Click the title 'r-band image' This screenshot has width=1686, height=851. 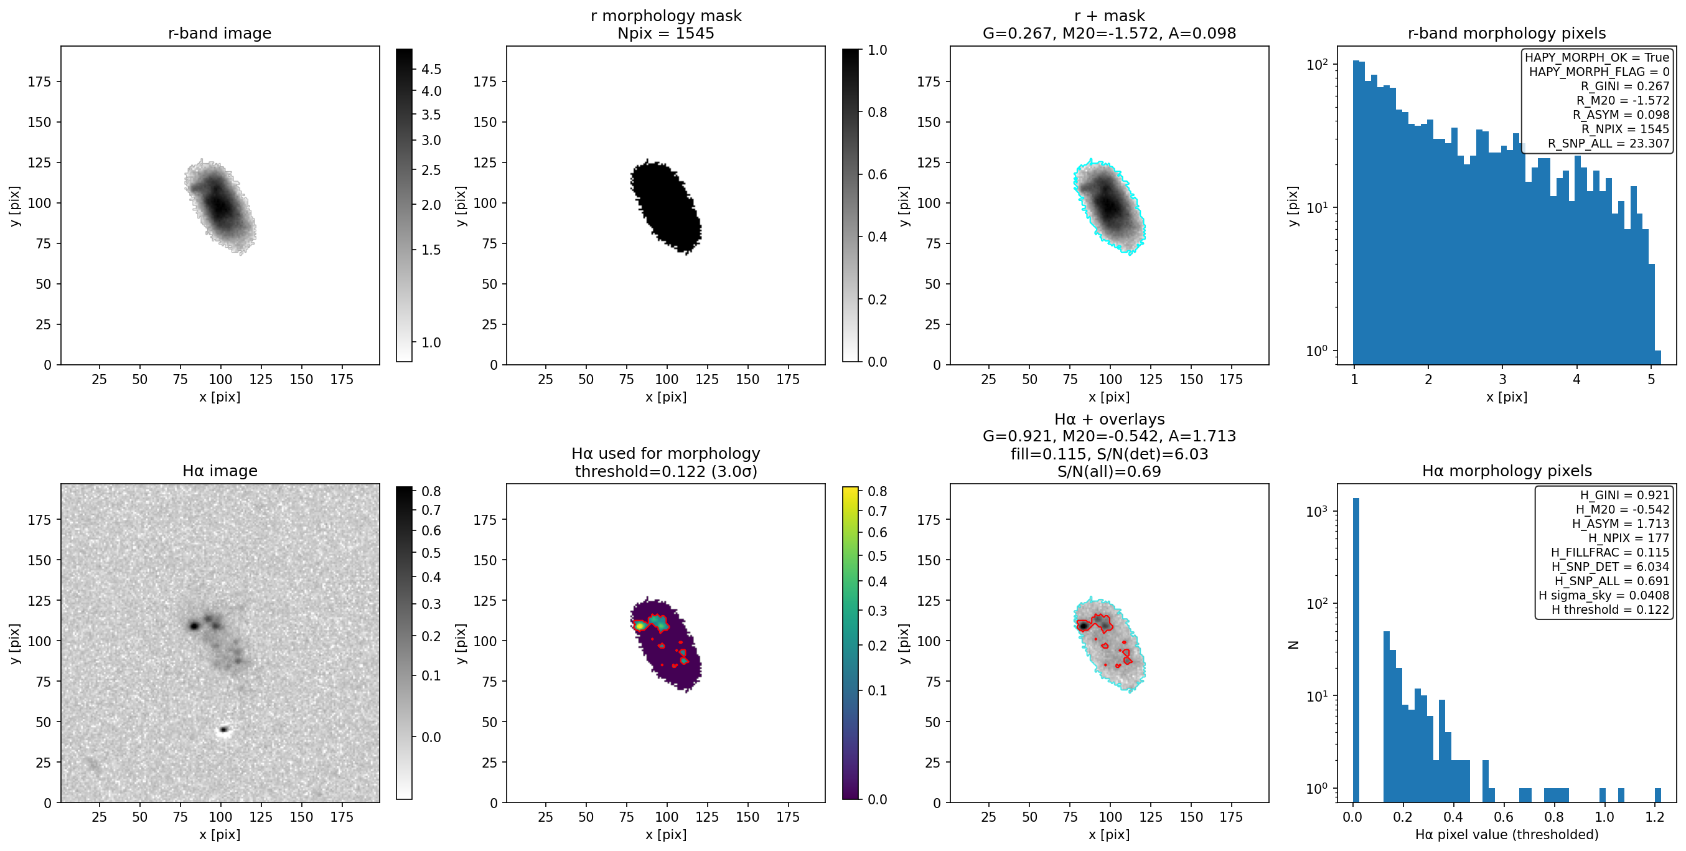coord(219,34)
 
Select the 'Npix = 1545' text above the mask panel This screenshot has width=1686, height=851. coord(666,34)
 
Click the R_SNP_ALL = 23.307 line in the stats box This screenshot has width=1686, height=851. coord(1608,143)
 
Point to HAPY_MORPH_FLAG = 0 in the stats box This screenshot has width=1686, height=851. coord(1599,72)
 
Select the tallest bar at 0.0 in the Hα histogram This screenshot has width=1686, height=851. coord(1356,649)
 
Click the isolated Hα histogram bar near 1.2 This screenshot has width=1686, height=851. coord(1658,795)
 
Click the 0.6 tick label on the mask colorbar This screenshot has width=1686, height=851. coord(877,175)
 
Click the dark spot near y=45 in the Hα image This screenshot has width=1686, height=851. coord(224,728)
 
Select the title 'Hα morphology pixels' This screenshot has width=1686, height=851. coord(1507,471)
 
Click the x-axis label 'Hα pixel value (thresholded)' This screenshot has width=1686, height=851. coord(1507,835)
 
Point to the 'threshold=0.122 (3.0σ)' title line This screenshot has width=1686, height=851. coord(666,471)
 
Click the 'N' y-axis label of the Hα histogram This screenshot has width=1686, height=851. coord(1293,644)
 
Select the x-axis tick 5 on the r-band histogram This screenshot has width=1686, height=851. coord(1651,379)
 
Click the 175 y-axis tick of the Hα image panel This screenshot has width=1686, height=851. coord(39,520)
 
